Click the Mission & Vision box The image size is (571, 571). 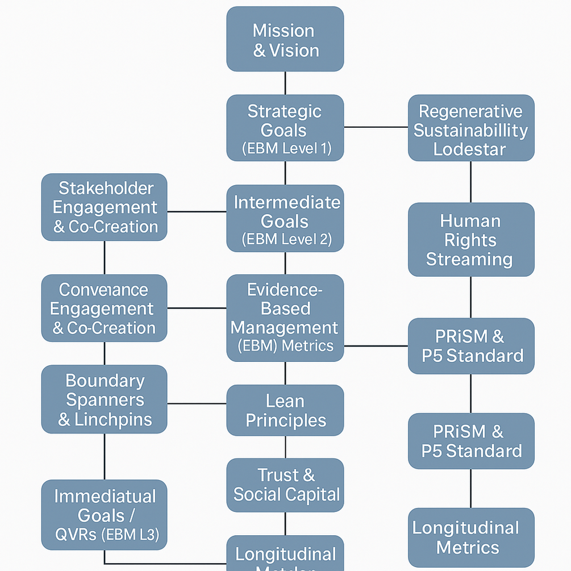285,39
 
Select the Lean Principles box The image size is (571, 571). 285,411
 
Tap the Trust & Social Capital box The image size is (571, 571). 285,485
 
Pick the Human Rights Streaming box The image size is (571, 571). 470,240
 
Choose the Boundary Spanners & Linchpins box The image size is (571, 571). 105,399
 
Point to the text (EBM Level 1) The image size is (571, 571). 285,149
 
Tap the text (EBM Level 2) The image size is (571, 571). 285,239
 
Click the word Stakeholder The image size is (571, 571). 106,188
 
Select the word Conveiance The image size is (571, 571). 103,290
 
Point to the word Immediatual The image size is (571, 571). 105,496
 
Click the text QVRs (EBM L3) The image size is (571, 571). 107,534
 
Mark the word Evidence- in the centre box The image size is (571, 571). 285,290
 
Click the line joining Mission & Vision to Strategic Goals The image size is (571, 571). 285,83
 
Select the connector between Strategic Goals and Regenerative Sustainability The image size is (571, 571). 376,127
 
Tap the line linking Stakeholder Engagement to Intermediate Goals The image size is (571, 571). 197,211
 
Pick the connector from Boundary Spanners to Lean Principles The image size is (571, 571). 197,403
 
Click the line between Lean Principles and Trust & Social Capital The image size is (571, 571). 285,447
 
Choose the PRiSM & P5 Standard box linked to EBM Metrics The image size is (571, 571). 470,345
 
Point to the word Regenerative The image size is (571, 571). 470,111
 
